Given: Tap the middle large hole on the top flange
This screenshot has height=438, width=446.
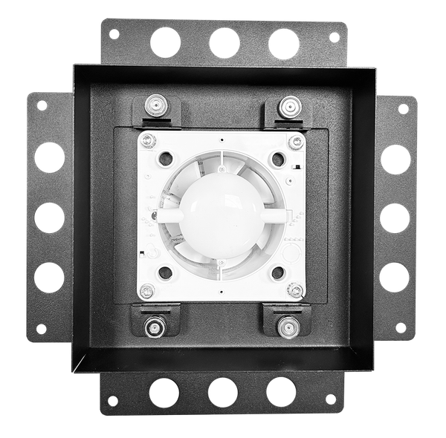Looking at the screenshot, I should (224, 42).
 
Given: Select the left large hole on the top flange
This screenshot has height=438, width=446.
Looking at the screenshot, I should (166, 42).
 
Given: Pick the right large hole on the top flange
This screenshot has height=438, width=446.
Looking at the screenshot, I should (283, 44).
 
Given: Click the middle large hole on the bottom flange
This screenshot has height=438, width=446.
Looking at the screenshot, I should (222, 391).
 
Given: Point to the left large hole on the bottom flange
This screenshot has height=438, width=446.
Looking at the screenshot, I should (164, 391).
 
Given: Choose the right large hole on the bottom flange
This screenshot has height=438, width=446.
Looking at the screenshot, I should (281, 391).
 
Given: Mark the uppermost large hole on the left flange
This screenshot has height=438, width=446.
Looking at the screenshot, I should (49, 157).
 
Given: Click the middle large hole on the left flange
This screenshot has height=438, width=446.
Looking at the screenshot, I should (49, 217).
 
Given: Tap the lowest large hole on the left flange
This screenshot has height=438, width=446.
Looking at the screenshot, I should (49, 276).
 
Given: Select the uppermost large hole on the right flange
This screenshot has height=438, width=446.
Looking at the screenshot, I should (395, 159).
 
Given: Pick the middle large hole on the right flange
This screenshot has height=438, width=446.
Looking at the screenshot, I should (395, 218).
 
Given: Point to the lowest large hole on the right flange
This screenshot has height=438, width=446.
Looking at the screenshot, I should (395, 276).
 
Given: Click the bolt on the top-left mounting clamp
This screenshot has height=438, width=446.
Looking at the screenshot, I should (157, 104).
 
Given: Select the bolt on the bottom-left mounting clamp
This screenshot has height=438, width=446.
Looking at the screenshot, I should (156, 325).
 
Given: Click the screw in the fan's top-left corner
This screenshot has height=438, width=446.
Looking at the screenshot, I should (149, 139).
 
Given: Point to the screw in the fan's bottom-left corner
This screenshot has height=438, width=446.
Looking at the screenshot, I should (148, 290).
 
